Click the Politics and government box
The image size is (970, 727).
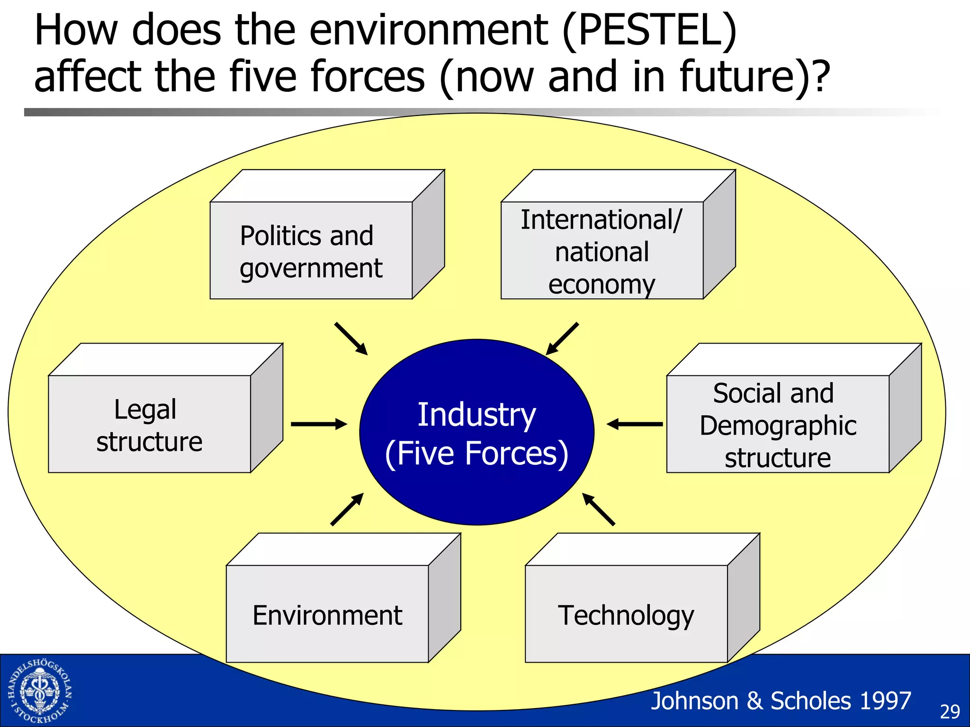point(311,250)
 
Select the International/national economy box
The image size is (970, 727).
point(602,250)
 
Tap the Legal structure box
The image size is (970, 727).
point(150,424)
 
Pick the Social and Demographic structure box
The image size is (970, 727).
point(777,424)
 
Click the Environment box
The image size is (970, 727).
point(327,614)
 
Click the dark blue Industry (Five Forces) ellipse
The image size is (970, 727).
point(476,432)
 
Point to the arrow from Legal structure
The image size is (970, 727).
point(319,424)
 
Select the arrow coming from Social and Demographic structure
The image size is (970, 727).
point(635,424)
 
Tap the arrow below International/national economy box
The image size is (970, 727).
point(562,339)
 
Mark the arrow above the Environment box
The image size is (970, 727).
point(347,509)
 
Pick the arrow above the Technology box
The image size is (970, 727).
point(598,509)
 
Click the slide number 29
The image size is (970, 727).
point(950,711)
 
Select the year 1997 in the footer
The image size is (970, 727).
point(885,701)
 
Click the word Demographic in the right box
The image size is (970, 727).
point(778,425)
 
